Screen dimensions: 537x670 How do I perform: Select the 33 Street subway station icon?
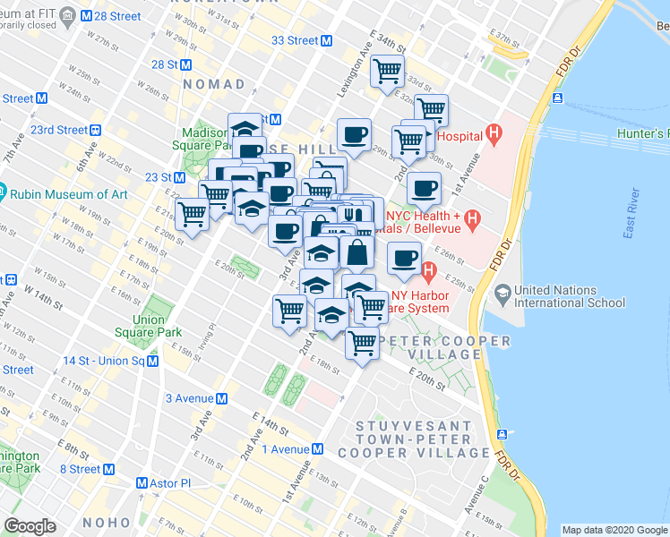click(x=327, y=40)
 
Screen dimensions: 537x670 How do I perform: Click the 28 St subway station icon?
click(x=185, y=64)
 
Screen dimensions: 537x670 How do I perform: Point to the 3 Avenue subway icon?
click(x=221, y=398)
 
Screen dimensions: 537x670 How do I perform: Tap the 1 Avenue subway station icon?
click(x=317, y=449)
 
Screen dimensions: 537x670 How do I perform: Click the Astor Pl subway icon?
click(x=142, y=482)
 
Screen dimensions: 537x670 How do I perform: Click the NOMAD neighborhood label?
click(x=213, y=84)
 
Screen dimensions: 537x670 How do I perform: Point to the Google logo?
click(x=30, y=526)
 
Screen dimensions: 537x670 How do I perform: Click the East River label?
click(x=632, y=216)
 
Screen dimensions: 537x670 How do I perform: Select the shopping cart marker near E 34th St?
click(x=388, y=71)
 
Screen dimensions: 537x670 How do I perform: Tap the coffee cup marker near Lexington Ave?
click(x=354, y=134)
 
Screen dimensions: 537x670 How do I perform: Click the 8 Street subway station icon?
click(x=110, y=469)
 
